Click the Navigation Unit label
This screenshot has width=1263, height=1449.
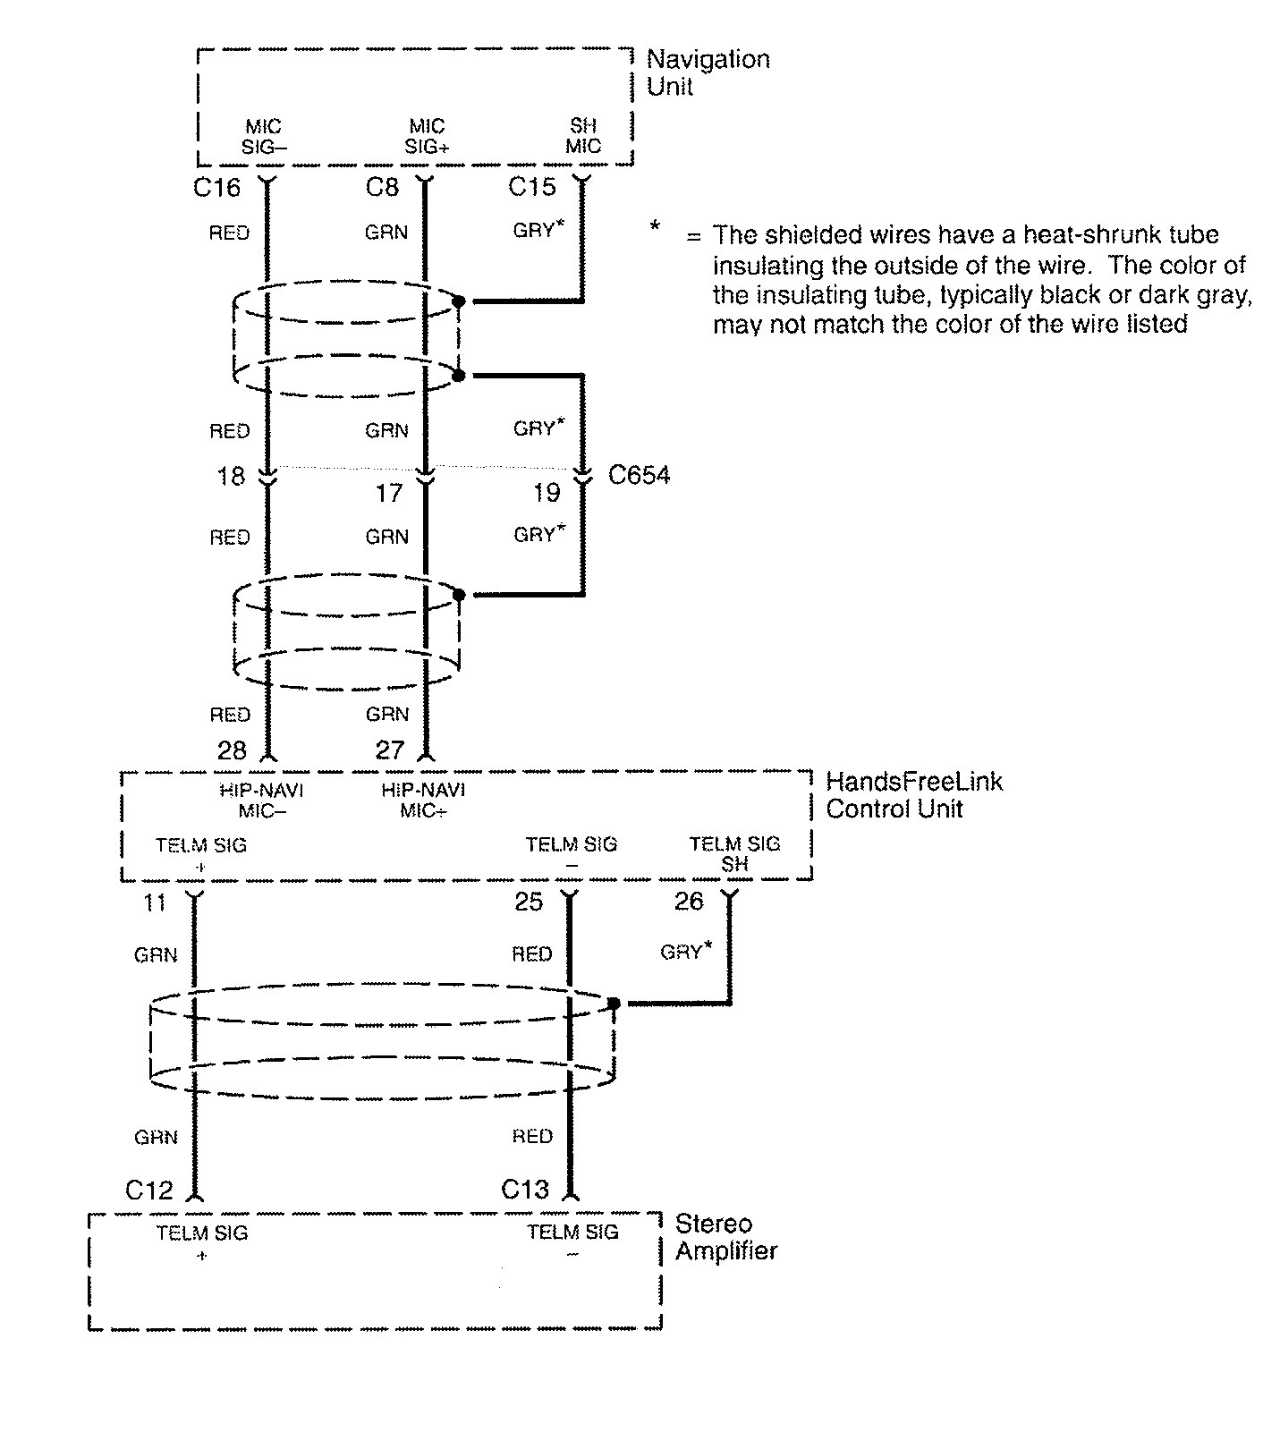point(707,72)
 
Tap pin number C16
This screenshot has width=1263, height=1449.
point(217,187)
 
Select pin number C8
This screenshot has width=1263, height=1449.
point(382,187)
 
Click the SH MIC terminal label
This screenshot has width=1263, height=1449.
point(583,136)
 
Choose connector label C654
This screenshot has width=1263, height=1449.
point(639,475)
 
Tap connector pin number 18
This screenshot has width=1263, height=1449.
point(231,476)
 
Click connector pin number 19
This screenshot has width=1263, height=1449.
point(546,492)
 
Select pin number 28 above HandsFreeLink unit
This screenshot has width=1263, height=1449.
point(231,750)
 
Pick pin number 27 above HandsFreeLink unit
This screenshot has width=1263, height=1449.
point(390,750)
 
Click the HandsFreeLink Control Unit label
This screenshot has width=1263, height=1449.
point(912,794)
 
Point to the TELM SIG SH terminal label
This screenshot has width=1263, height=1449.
point(734,853)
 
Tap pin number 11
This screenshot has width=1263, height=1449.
point(155,902)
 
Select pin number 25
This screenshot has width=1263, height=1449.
point(529,902)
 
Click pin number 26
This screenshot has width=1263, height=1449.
point(688,902)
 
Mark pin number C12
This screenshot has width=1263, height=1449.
point(148,1191)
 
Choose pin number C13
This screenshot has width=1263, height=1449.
point(524,1190)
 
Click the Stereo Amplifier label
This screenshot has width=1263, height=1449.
point(725,1237)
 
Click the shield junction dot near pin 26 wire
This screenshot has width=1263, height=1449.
point(614,1004)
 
